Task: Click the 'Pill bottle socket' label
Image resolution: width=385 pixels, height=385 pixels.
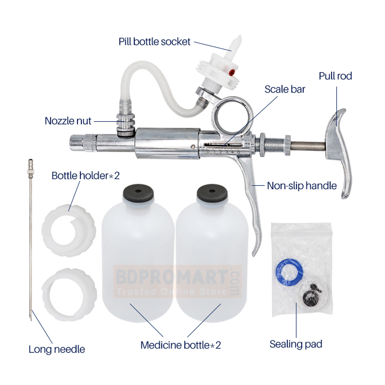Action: click(154, 42)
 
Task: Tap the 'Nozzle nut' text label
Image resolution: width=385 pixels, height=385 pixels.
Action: click(68, 121)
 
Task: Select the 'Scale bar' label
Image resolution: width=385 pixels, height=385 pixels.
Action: click(285, 89)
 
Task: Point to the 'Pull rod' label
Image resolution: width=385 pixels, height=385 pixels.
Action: click(335, 76)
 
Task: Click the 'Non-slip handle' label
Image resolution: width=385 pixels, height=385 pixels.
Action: click(302, 186)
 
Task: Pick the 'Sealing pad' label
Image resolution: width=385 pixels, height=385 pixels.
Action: click(296, 344)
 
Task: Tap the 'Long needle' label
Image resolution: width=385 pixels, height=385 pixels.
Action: click(57, 349)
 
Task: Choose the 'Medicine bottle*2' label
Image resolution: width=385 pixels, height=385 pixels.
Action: click(181, 345)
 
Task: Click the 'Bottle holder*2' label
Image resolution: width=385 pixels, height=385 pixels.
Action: click(85, 176)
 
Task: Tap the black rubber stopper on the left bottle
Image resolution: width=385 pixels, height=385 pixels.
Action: click(138, 193)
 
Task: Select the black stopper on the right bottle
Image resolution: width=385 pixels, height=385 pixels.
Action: click(212, 193)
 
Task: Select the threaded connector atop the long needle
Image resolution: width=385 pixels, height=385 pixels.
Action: click(31, 169)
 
